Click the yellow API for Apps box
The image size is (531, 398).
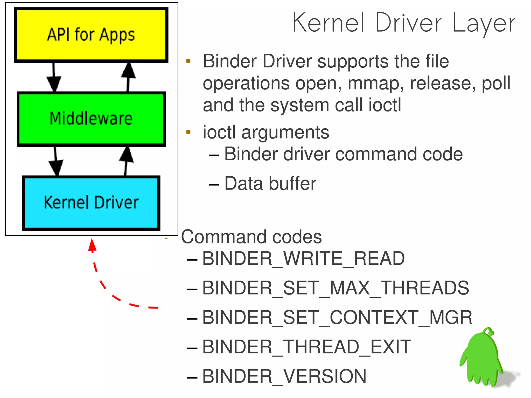tap(91, 35)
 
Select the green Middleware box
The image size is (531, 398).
tap(91, 119)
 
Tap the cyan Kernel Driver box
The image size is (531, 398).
tap(91, 203)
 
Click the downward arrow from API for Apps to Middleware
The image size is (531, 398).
tap(54, 78)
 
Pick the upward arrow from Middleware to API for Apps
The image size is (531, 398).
tap(128, 76)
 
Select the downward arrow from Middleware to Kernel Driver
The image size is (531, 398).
tap(56, 162)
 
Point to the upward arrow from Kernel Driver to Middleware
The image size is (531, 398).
tap(126, 161)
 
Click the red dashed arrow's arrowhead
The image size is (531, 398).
tap(92, 245)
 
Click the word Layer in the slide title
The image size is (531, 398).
tap(484, 23)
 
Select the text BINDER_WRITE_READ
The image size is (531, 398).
tap(303, 259)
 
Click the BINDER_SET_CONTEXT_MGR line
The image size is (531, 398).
tap(337, 317)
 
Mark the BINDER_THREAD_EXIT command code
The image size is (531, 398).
tap(306, 347)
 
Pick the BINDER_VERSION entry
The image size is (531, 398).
tap(284, 376)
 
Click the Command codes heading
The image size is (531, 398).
tap(251, 237)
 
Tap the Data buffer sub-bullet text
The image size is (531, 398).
tap(270, 184)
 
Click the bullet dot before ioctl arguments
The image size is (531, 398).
tap(188, 132)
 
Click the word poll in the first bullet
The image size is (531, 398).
tap(496, 83)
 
